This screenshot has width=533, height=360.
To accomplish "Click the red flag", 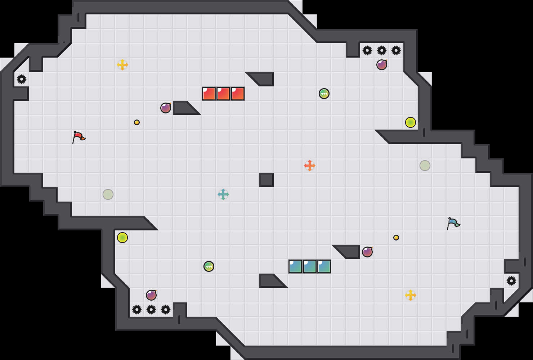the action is (79, 137).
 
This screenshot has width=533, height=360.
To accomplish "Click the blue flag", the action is (453, 223).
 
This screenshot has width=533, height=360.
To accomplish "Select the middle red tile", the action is (223, 94).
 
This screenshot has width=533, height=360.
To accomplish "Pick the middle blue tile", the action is (310, 266).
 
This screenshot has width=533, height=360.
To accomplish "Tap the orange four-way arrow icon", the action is (310, 166).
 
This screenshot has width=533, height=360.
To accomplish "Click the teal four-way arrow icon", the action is (223, 194).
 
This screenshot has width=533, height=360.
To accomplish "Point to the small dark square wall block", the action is (266, 180).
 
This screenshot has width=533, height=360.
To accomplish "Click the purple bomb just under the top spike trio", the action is (382, 65).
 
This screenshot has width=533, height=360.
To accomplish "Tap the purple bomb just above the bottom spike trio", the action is (151, 295).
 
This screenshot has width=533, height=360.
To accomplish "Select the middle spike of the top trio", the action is (382, 50).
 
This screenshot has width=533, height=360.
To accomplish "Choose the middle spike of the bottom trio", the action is (151, 310).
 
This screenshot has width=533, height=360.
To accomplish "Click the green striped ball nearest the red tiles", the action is (324, 94).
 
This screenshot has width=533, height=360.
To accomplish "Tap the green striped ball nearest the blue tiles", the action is (209, 266).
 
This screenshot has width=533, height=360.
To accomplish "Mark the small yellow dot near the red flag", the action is (137, 122).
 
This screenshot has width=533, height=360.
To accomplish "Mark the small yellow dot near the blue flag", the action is (396, 238).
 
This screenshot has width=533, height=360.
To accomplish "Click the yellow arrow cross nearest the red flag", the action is (122, 65).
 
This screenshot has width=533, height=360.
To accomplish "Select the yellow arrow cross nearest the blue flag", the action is (411, 295).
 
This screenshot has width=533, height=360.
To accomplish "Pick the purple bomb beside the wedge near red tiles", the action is (166, 108).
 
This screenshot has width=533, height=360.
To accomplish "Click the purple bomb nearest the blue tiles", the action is (367, 252).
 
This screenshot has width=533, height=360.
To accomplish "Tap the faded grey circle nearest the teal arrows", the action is (108, 194).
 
